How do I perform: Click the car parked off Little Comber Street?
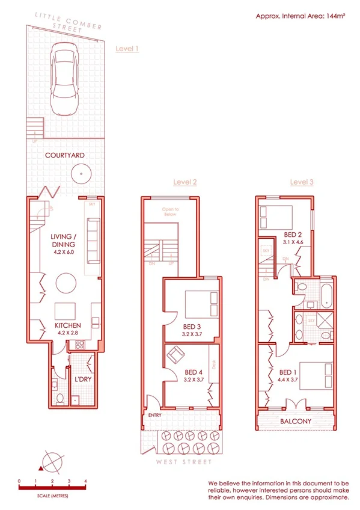pyautogui.click(x=65, y=82)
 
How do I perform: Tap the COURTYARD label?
pyautogui.click(x=64, y=155)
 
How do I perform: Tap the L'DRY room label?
pyautogui.click(x=82, y=381)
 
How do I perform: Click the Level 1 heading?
pyautogui.click(x=127, y=49)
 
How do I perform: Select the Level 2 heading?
pyautogui.click(x=185, y=182)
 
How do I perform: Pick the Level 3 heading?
pyautogui.click(x=302, y=182)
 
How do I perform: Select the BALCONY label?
pyautogui.click(x=296, y=422)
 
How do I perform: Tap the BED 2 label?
pyautogui.click(x=294, y=235)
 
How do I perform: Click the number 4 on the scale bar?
pyautogui.click(x=86, y=481)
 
